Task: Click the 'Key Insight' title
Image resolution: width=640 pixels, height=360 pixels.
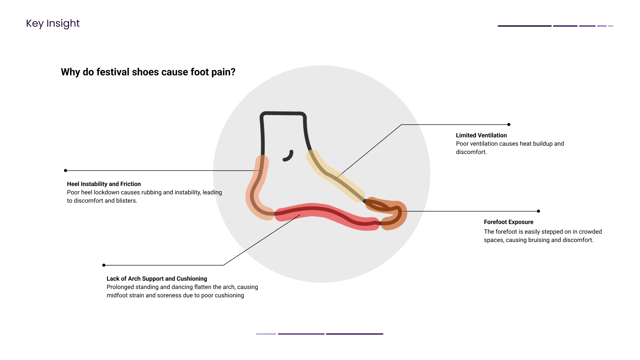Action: point(53,23)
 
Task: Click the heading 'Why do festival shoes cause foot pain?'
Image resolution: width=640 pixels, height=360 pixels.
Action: point(148,72)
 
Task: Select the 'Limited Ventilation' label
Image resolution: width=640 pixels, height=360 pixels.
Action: point(481,135)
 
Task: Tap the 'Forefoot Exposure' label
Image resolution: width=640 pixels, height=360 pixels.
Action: point(508,222)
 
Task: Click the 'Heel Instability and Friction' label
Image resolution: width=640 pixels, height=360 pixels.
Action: point(104,184)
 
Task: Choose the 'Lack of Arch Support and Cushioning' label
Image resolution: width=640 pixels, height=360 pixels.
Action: point(157,279)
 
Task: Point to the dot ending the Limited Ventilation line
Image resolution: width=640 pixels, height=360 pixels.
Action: point(509,125)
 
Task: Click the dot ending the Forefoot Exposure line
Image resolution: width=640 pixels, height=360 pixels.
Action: point(538,211)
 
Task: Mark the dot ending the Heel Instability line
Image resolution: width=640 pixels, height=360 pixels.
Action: point(66,171)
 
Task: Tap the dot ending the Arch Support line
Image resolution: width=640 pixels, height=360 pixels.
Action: point(104,265)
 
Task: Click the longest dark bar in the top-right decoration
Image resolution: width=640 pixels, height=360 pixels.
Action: point(524,26)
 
